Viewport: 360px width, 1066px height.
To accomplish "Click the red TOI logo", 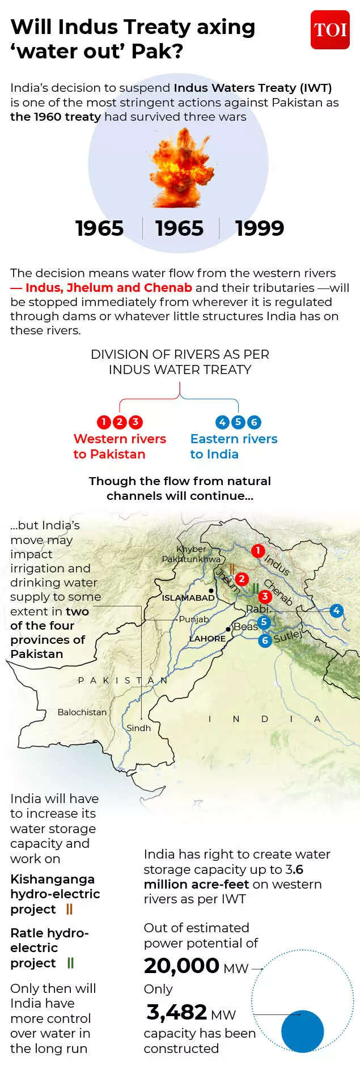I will [330, 29].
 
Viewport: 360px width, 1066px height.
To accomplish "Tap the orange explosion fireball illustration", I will [180, 168].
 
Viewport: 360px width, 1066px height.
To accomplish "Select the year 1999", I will [260, 228].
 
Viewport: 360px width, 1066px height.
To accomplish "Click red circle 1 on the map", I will [258, 550].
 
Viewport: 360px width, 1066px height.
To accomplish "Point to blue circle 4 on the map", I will [337, 610].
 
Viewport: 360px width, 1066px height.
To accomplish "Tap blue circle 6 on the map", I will [265, 640].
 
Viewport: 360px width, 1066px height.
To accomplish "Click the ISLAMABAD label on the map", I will [188, 597].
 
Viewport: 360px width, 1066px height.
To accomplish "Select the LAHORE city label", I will [207, 638].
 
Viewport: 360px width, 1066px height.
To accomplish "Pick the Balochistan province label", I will [82, 712].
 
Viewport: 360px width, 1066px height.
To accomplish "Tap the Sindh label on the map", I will [139, 728].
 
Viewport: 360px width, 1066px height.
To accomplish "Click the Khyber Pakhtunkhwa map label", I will [191, 554].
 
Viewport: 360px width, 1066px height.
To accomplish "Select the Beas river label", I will [245, 626].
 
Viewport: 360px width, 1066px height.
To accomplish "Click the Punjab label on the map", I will [194, 619].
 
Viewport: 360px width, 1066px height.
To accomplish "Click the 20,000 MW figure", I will [196, 966].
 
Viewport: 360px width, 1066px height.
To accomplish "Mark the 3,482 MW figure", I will [190, 1012].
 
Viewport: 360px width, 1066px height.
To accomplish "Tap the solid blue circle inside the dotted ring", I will [302, 1031].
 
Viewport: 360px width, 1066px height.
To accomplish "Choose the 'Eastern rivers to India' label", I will [234, 446].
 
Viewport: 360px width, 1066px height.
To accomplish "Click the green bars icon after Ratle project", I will [70, 962].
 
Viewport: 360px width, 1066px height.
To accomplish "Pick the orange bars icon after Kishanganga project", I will [69, 909].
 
